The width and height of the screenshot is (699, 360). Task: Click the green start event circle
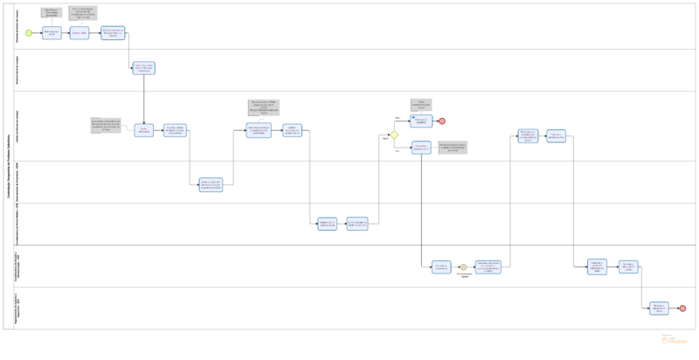[29, 33]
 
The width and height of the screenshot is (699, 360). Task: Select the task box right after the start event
[52, 33]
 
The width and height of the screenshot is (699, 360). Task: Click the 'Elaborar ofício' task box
[80, 33]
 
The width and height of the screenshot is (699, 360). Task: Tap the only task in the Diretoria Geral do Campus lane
[144, 68]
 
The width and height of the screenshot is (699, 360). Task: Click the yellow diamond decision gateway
[394, 135]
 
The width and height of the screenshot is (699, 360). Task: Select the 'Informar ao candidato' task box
[421, 121]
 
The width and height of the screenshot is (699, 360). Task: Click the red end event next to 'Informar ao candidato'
[442, 121]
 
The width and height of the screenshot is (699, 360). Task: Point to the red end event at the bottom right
[682, 308]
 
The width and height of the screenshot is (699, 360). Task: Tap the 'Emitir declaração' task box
[144, 130]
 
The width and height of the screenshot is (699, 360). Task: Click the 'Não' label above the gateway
[398, 117]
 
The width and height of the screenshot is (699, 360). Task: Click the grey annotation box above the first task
[52, 13]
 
